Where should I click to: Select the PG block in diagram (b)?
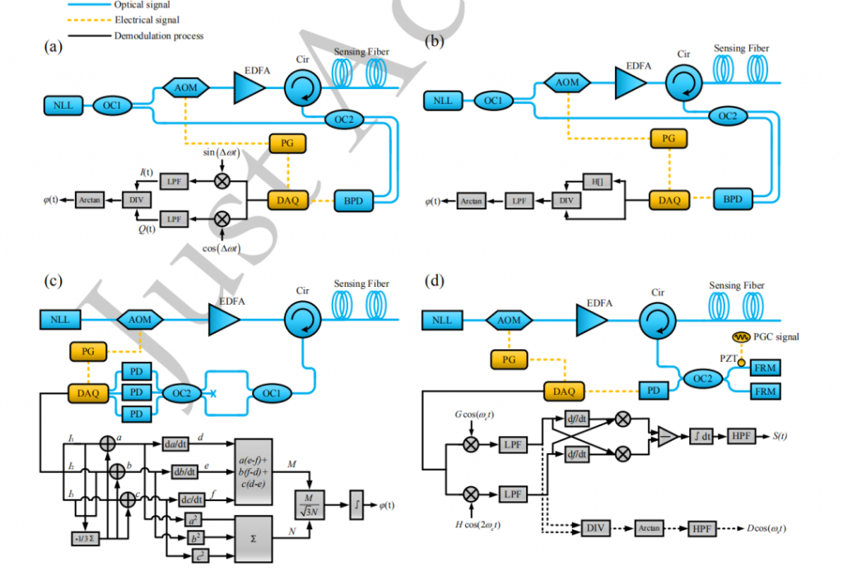pyautogui.click(x=668, y=138)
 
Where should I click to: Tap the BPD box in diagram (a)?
pyautogui.click(x=354, y=200)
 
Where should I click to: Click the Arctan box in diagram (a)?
pyautogui.click(x=89, y=199)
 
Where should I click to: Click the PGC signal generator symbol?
pyautogui.click(x=741, y=337)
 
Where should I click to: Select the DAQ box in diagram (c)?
pyautogui.click(x=88, y=393)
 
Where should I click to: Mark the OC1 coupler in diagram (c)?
pyautogui.click(x=269, y=392)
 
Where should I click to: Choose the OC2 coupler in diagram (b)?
pyautogui.click(x=727, y=116)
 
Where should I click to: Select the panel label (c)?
pyautogui.click(x=54, y=281)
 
